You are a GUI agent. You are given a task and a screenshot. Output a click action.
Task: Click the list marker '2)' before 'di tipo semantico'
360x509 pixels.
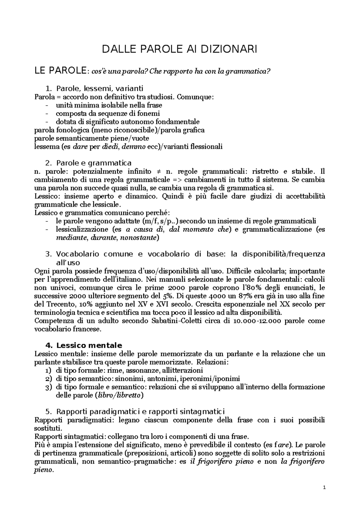click(48, 379)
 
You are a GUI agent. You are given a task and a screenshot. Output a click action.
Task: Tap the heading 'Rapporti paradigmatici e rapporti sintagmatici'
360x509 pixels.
click(140, 411)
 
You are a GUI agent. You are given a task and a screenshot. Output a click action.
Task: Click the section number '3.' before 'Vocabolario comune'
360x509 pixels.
click(49, 254)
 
